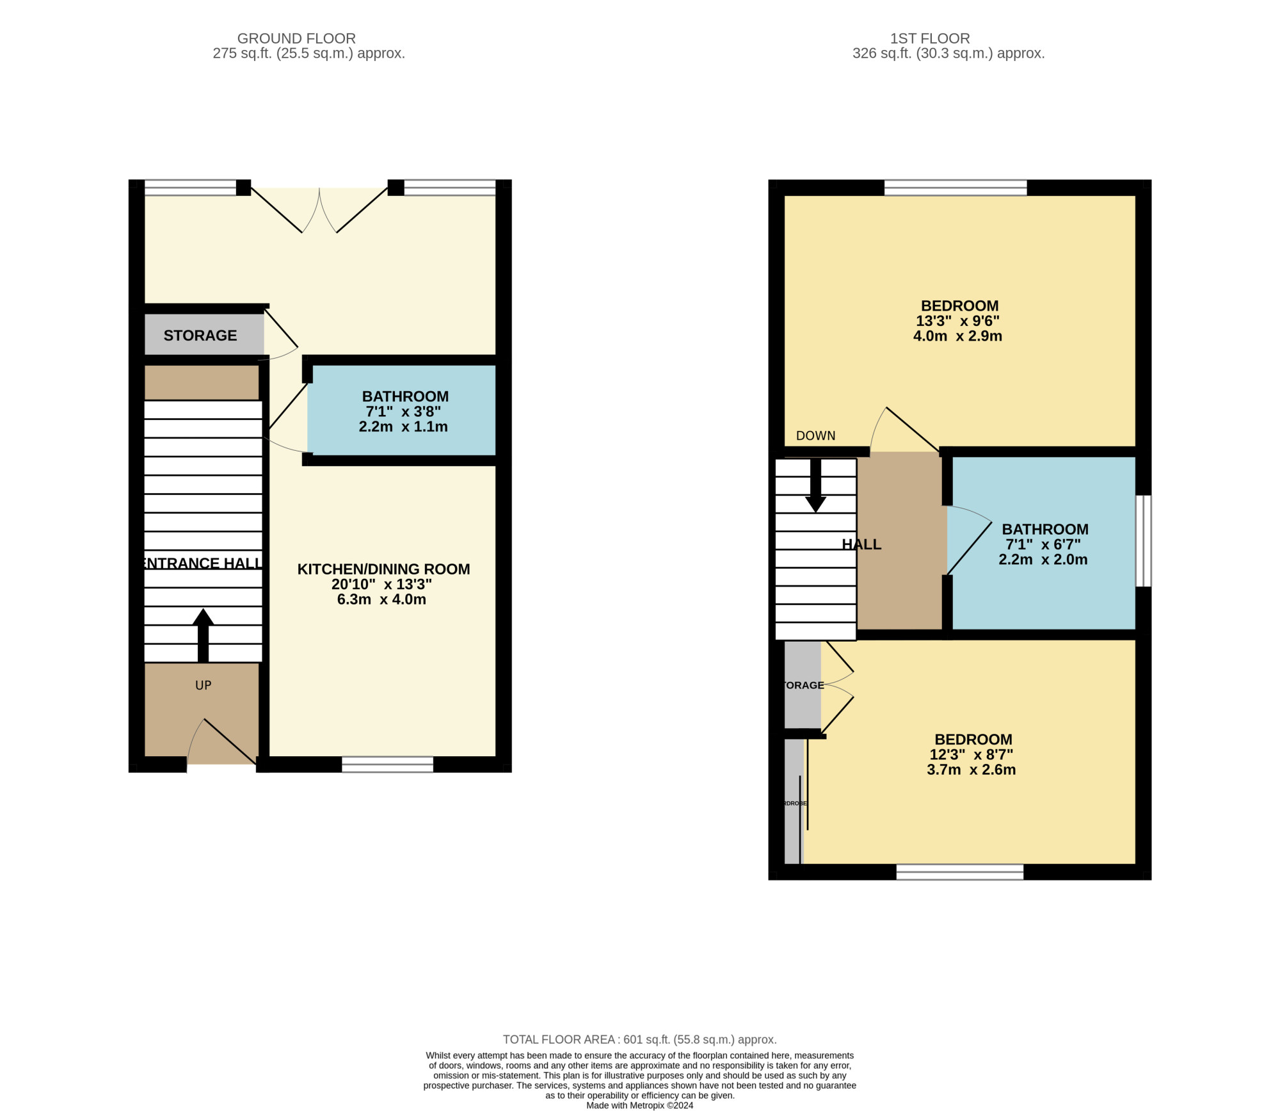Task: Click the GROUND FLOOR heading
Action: (x=296, y=38)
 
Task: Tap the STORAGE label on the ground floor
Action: (x=200, y=336)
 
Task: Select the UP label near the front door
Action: (x=203, y=685)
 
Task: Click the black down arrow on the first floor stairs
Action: (x=815, y=487)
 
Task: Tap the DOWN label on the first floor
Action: (x=815, y=435)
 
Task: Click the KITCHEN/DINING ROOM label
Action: (x=383, y=569)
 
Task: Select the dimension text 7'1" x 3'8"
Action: (x=403, y=412)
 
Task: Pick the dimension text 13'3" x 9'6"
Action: (x=957, y=321)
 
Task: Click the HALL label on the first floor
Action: (x=861, y=544)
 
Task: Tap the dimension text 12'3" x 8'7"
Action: (x=971, y=754)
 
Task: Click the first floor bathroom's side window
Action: (x=1143, y=540)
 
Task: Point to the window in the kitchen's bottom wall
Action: (x=387, y=764)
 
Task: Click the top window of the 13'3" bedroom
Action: (x=955, y=187)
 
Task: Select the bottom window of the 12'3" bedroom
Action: (x=959, y=872)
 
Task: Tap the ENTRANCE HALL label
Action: (x=200, y=564)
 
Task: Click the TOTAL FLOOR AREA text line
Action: (x=639, y=1039)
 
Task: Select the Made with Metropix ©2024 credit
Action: (x=639, y=1105)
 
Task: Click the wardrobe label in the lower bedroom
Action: (x=794, y=803)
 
